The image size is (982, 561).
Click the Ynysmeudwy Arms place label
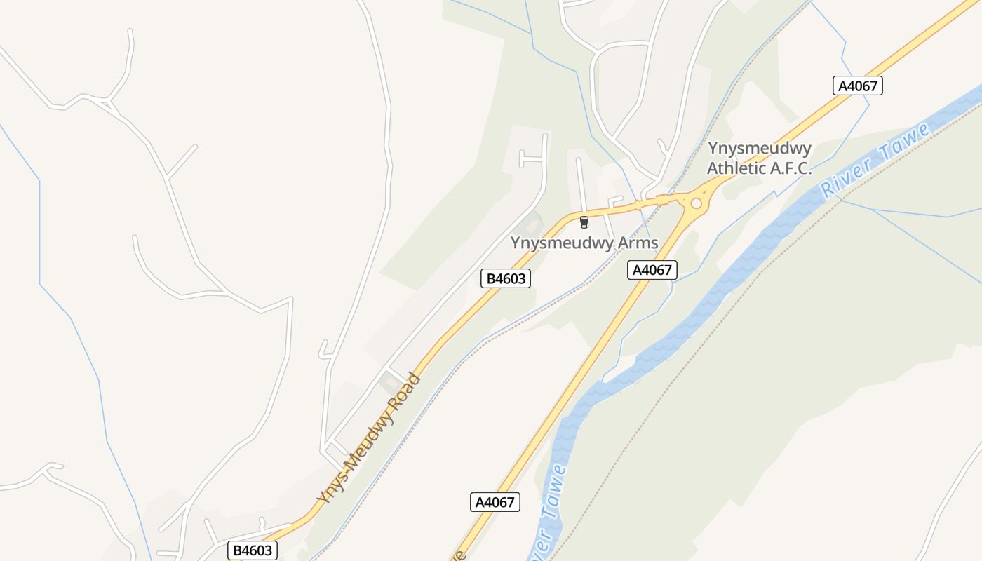click(x=584, y=243)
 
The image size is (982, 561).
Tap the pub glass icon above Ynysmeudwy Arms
click(x=584, y=222)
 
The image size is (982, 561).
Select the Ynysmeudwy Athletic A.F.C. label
click(x=759, y=158)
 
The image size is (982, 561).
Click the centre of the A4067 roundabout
click(x=696, y=203)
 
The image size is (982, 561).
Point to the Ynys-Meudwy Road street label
click(x=368, y=439)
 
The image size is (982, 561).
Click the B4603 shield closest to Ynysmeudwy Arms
click(x=506, y=278)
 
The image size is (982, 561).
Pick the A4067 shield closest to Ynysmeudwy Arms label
click(x=652, y=270)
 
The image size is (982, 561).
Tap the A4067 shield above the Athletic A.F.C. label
click(x=857, y=86)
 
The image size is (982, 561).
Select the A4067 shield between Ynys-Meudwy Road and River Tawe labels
click(x=495, y=502)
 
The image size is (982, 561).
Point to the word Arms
click(x=636, y=243)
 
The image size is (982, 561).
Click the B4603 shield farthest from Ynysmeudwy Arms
click(x=253, y=550)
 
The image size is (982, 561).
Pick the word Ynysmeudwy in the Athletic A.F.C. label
click(x=760, y=149)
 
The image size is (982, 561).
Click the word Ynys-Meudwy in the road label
click(x=350, y=463)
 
